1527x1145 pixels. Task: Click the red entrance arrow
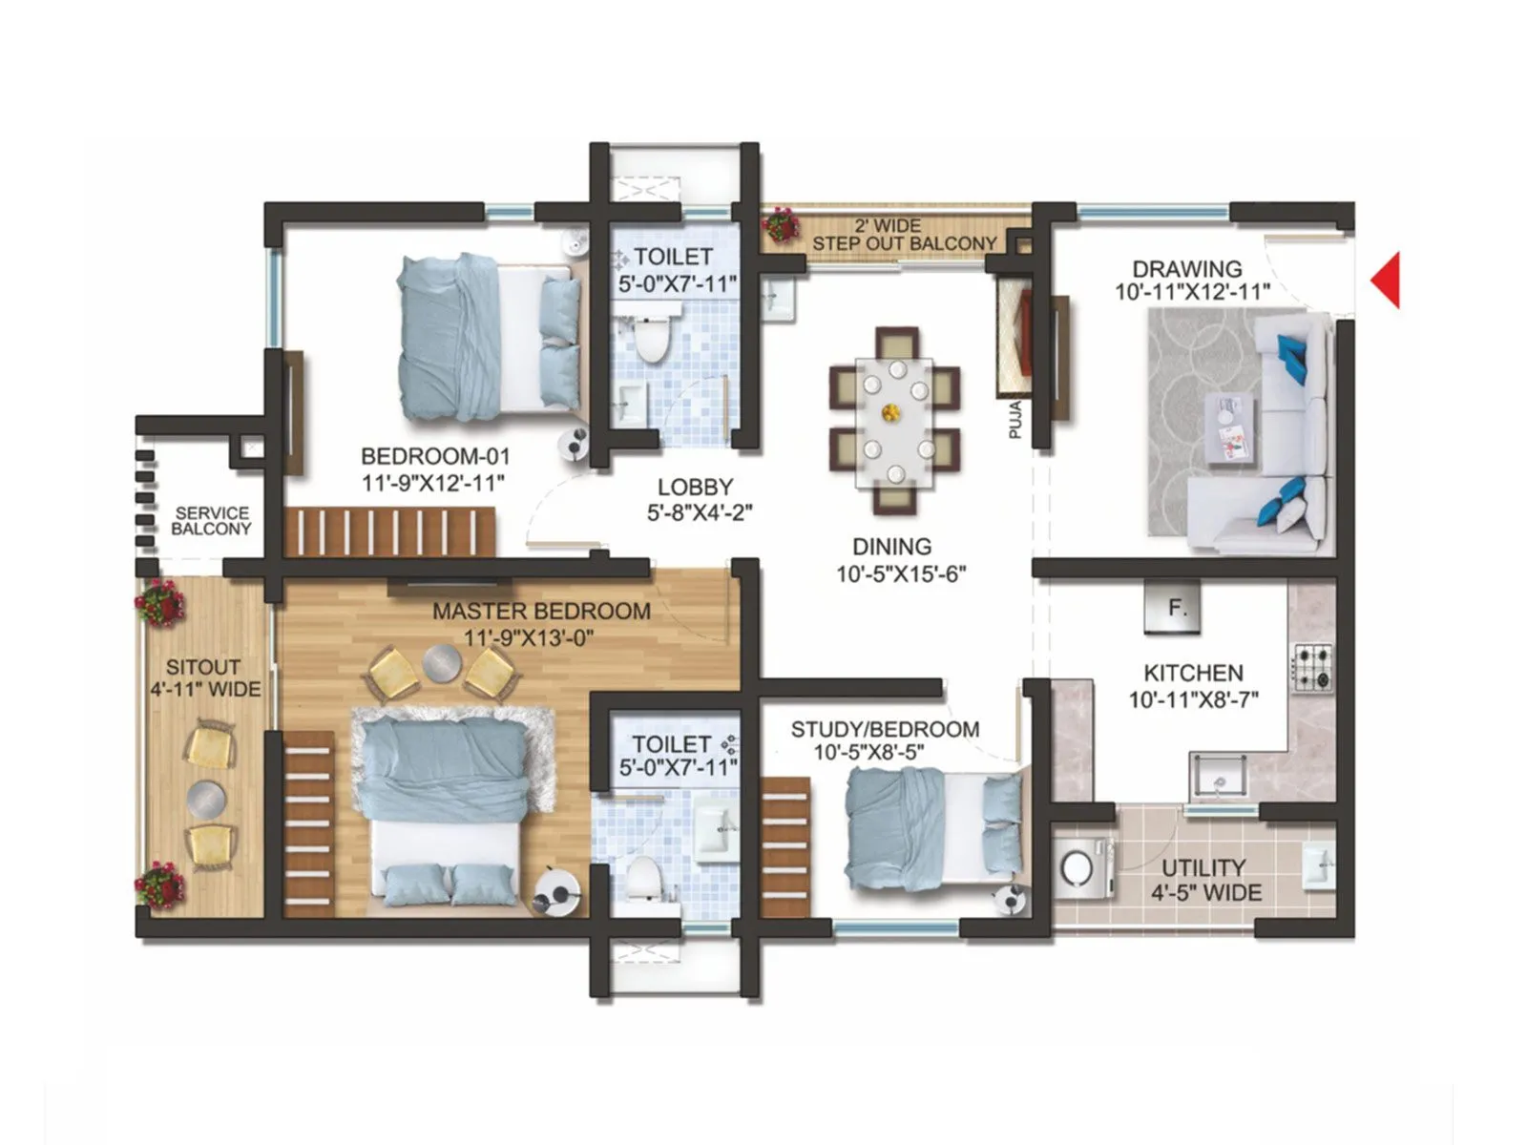pos(1387,280)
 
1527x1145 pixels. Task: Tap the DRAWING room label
pos(1187,269)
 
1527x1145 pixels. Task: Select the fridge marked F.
pos(1172,607)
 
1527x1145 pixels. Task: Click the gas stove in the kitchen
pos(1313,667)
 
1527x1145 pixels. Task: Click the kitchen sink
pos(1218,777)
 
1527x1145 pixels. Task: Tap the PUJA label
pos(1015,420)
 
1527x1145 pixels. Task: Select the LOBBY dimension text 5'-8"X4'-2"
pos(700,513)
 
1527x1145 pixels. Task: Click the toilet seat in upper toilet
pos(653,340)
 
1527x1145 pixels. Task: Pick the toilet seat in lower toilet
pos(644,876)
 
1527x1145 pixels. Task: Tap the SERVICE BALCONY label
pos(212,521)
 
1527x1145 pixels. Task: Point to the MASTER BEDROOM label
pos(541,612)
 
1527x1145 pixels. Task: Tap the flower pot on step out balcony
pos(781,225)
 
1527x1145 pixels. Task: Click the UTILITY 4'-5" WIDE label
pos(1204,880)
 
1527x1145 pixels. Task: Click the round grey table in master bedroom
pos(441,662)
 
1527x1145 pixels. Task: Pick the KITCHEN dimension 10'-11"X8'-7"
pos(1193,700)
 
